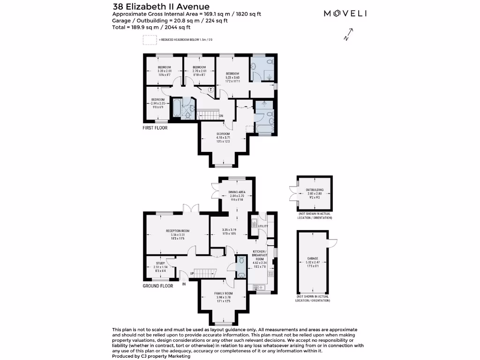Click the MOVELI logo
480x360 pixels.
click(x=345, y=13)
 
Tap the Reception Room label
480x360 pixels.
click(x=178, y=231)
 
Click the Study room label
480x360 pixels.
click(x=160, y=264)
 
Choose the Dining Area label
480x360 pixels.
click(x=237, y=192)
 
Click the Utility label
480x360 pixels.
click(x=263, y=226)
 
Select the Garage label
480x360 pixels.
click(x=313, y=258)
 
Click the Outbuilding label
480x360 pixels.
click(x=315, y=190)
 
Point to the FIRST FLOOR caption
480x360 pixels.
click(x=155, y=127)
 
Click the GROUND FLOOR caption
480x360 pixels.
click(x=158, y=285)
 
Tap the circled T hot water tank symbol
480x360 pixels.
click(x=210, y=89)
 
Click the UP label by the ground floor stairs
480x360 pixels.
click(x=192, y=274)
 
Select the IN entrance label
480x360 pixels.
click(x=184, y=284)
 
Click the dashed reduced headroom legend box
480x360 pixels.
click(x=150, y=40)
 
